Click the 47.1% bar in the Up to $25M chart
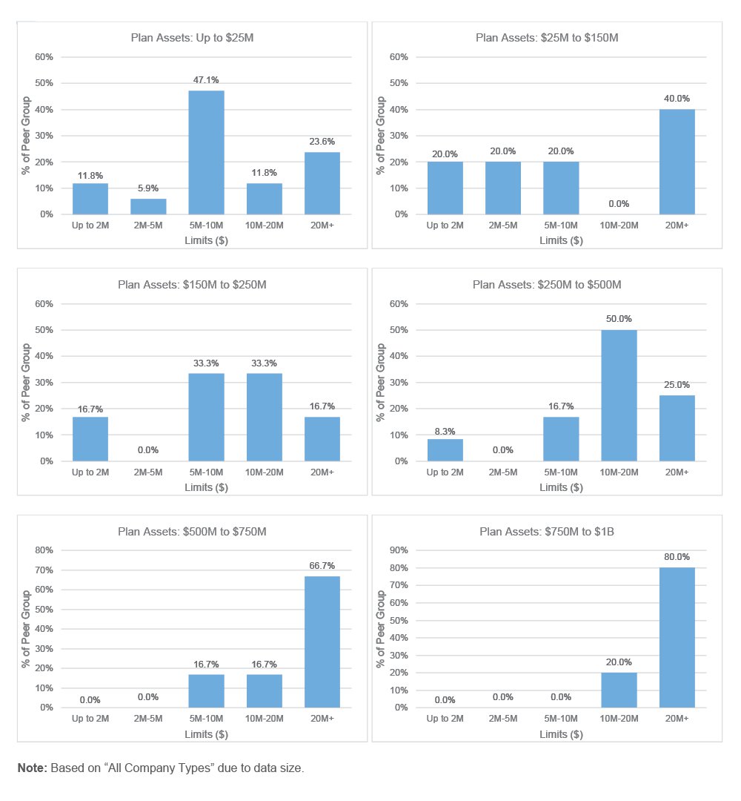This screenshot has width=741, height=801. [206, 152]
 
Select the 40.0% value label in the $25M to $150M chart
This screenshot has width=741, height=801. [677, 98]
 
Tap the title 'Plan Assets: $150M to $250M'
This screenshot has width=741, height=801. [192, 284]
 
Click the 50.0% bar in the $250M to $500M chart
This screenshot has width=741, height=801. [619, 395]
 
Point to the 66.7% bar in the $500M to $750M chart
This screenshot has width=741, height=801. [322, 642]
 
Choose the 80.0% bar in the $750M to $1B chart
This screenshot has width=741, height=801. [677, 637]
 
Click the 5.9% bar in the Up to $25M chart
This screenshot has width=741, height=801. [148, 206]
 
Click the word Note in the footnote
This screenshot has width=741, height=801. [33, 768]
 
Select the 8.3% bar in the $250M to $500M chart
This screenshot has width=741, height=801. [445, 449]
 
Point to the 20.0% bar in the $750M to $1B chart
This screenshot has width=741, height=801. [619, 690]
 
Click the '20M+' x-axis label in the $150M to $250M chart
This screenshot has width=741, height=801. [322, 472]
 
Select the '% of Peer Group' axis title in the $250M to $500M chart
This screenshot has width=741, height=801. [381, 382]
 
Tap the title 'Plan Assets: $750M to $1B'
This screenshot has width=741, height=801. [546, 531]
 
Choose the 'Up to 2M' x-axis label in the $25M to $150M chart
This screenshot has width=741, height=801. [445, 225]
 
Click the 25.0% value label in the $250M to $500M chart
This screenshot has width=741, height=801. [677, 384]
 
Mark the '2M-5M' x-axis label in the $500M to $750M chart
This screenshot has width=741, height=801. [148, 719]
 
